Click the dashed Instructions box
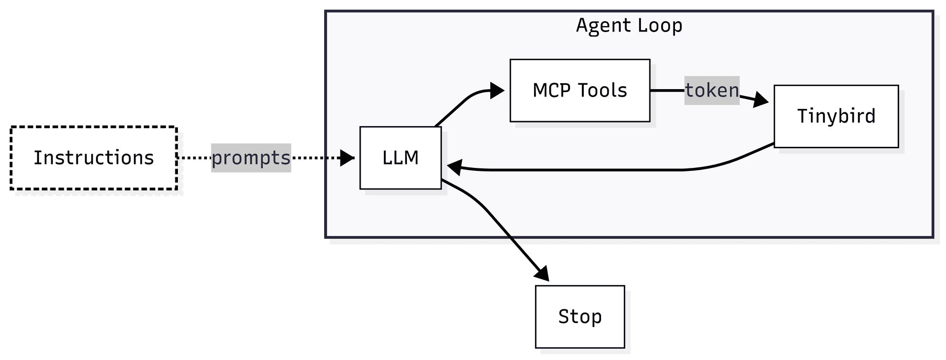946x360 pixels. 94,158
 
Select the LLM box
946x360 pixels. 400,158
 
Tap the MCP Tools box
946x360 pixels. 579,91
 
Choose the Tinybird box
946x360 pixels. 836,116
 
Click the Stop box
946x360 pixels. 579,316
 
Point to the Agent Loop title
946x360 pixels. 629,25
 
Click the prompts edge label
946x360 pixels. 251,158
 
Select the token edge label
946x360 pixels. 711,90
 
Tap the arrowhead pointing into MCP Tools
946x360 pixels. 498,91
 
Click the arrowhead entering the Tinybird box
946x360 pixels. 761,100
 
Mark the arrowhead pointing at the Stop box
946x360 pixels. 542,274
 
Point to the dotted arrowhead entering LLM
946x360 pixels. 348,158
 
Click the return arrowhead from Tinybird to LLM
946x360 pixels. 454,167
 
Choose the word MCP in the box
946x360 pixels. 551,91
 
